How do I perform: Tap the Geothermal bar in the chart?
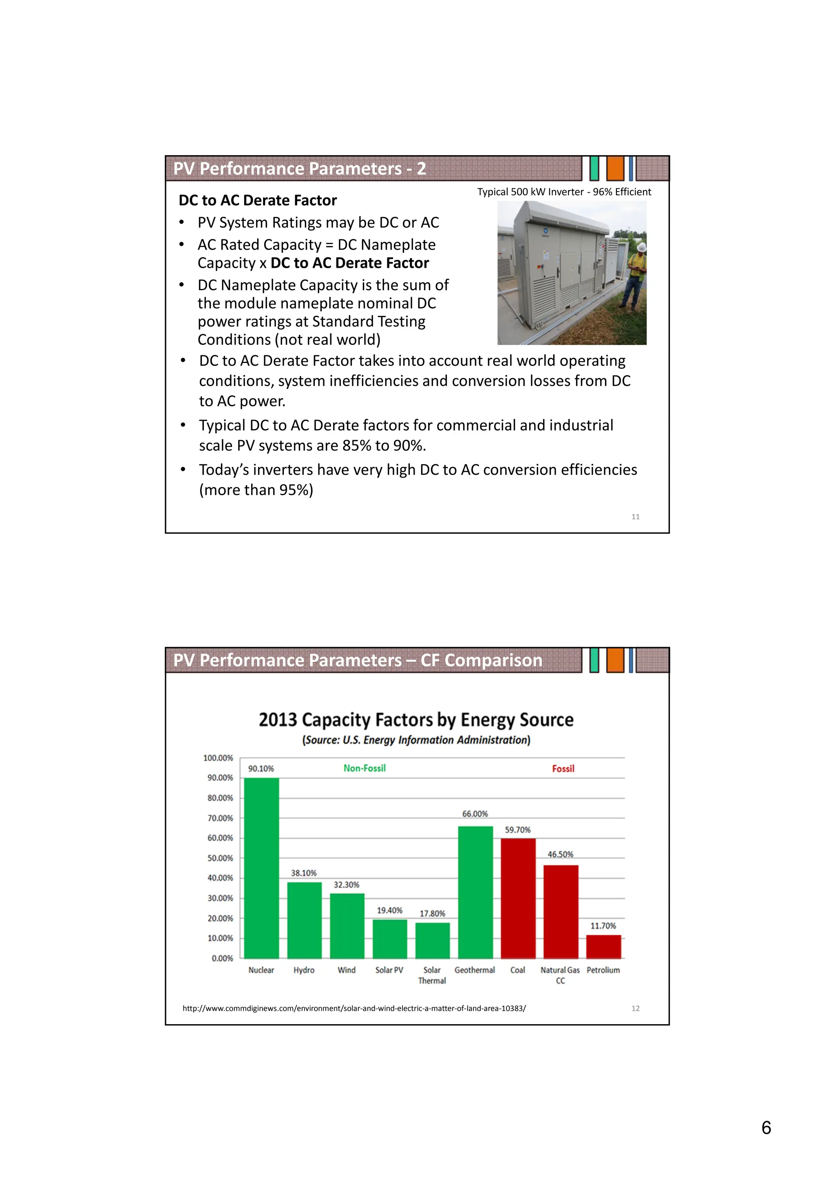pos(475,892)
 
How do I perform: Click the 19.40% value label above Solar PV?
pos(389,910)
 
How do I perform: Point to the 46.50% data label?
pos(560,855)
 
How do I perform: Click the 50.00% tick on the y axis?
pos(220,858)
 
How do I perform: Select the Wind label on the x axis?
pos(346,969)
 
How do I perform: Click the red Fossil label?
pos(563,769)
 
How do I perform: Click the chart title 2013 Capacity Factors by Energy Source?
pos(416,720)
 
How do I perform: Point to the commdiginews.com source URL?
pos(354,1008)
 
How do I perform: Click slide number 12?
pos(635,1008)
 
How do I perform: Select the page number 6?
pos(766,1128)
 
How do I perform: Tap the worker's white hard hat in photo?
pos(642,247)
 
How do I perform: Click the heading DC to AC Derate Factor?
pos(257,200)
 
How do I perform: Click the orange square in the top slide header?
pos(615,168)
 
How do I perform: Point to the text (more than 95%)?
pos(256,490)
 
